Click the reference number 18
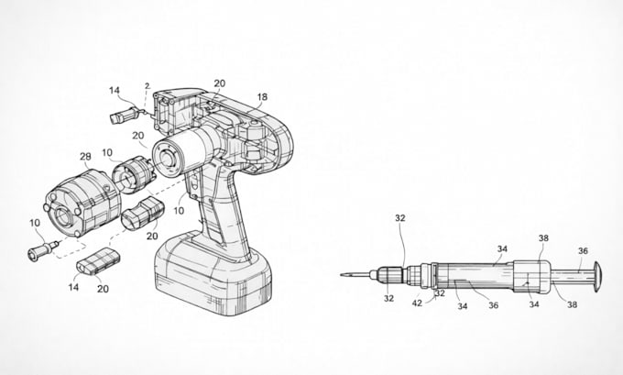click(262, 97)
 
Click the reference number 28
click(85, 157)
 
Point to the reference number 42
click(417, 303)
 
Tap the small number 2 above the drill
click(148, 85)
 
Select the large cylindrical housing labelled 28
click(82, 204)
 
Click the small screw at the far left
click(43, 250)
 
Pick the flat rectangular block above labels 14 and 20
click(98, 261)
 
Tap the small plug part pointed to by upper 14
click(124, 114)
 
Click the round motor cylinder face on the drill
click(167, 160)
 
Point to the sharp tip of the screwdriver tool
click(342, 274)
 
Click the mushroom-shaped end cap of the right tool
click(597, 277)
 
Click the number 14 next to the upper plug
click(115, 91)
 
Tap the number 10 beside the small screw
click(35, 223)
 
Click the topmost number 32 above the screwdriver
click(400, 218)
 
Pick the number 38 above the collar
click(543, 237)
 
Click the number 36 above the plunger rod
click(583, 251)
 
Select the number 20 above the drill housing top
click(220, 83)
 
